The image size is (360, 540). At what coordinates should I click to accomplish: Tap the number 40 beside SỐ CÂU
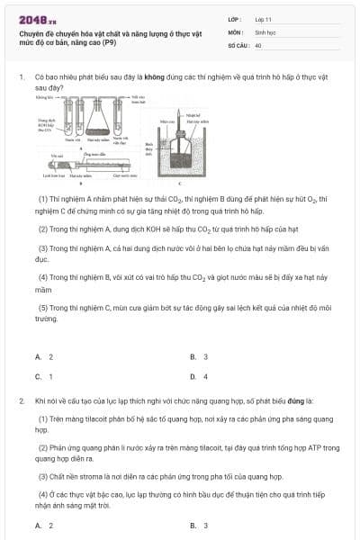pyautogui.click(x=258, y=44)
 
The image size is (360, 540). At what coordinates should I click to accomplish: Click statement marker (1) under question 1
pyautogui.click(x=42, y=198)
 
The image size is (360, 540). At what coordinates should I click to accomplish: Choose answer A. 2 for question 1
pyautogui.click(x=44, y=356)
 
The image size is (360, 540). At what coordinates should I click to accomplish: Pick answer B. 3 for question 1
pyautogui.click(x=199, y=356)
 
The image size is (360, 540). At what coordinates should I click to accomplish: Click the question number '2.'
pyautogui.click(x=22, y=399)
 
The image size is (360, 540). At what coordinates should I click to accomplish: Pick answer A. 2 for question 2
pyautogui.click(x=44, y=525)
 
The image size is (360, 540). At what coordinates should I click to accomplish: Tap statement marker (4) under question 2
pyautogui.click(x=42, y=493)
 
